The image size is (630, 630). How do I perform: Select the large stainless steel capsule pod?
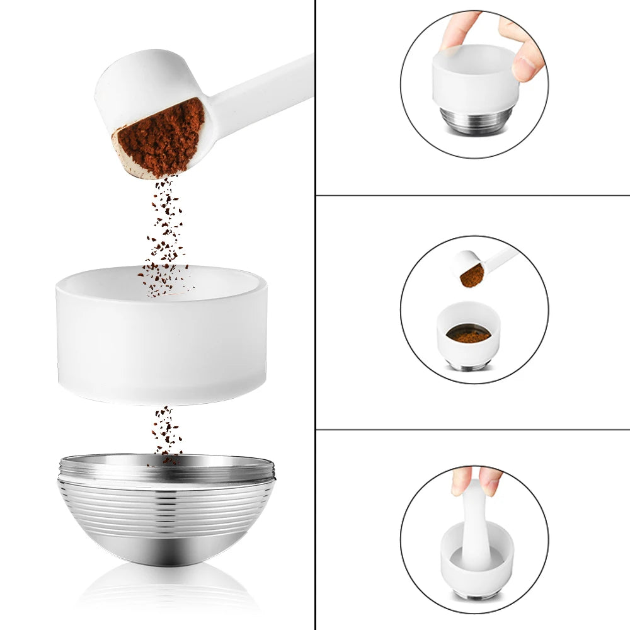pos(167,517)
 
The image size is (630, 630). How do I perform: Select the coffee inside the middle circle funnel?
pos(469,336)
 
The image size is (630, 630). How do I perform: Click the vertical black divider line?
pos(315,315)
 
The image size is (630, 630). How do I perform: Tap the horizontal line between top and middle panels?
pos(472,195)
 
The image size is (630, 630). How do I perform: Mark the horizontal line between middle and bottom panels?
pos(472,430)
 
